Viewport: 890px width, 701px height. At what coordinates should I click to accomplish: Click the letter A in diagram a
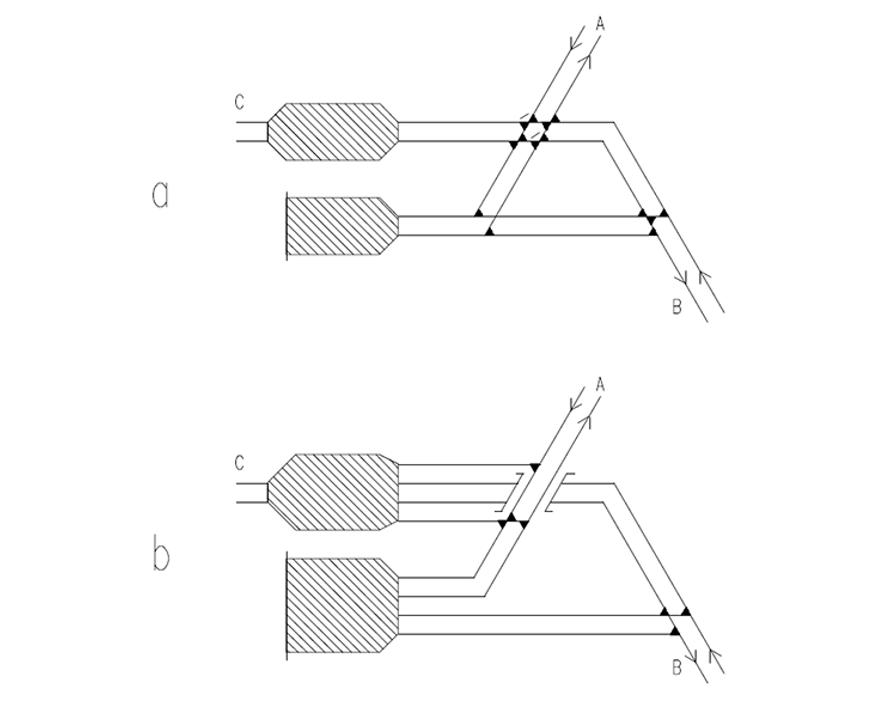coord(601,24)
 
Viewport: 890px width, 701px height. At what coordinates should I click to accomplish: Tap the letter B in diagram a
coord(677,307)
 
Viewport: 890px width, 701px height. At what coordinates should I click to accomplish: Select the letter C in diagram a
coord(239,102)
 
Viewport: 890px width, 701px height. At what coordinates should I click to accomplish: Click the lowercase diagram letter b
coord(161,553)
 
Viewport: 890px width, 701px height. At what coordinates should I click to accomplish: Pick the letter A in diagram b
coord(601,385)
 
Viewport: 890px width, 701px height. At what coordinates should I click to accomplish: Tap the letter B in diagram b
coord(677,668)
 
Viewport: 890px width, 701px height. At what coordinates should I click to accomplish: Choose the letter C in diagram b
coord(239,463)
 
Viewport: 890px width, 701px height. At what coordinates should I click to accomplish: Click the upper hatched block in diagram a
coord(333,132)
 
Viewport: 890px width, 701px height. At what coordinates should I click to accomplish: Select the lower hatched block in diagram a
coord(343,226)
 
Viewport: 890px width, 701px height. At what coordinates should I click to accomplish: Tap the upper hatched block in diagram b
coord(333,492)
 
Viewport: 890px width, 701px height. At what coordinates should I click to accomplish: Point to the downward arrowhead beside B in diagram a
coord(681,277)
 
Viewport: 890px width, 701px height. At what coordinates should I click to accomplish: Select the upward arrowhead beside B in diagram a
coord(704,277)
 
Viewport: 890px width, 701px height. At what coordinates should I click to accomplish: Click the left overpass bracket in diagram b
coord(510,492)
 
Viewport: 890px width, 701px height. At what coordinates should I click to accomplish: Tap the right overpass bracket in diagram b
coord(560,492)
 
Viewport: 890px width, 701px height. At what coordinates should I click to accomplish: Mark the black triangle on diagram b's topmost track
coord(535,467)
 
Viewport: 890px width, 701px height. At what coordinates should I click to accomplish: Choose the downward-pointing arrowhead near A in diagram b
coord(576,402)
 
